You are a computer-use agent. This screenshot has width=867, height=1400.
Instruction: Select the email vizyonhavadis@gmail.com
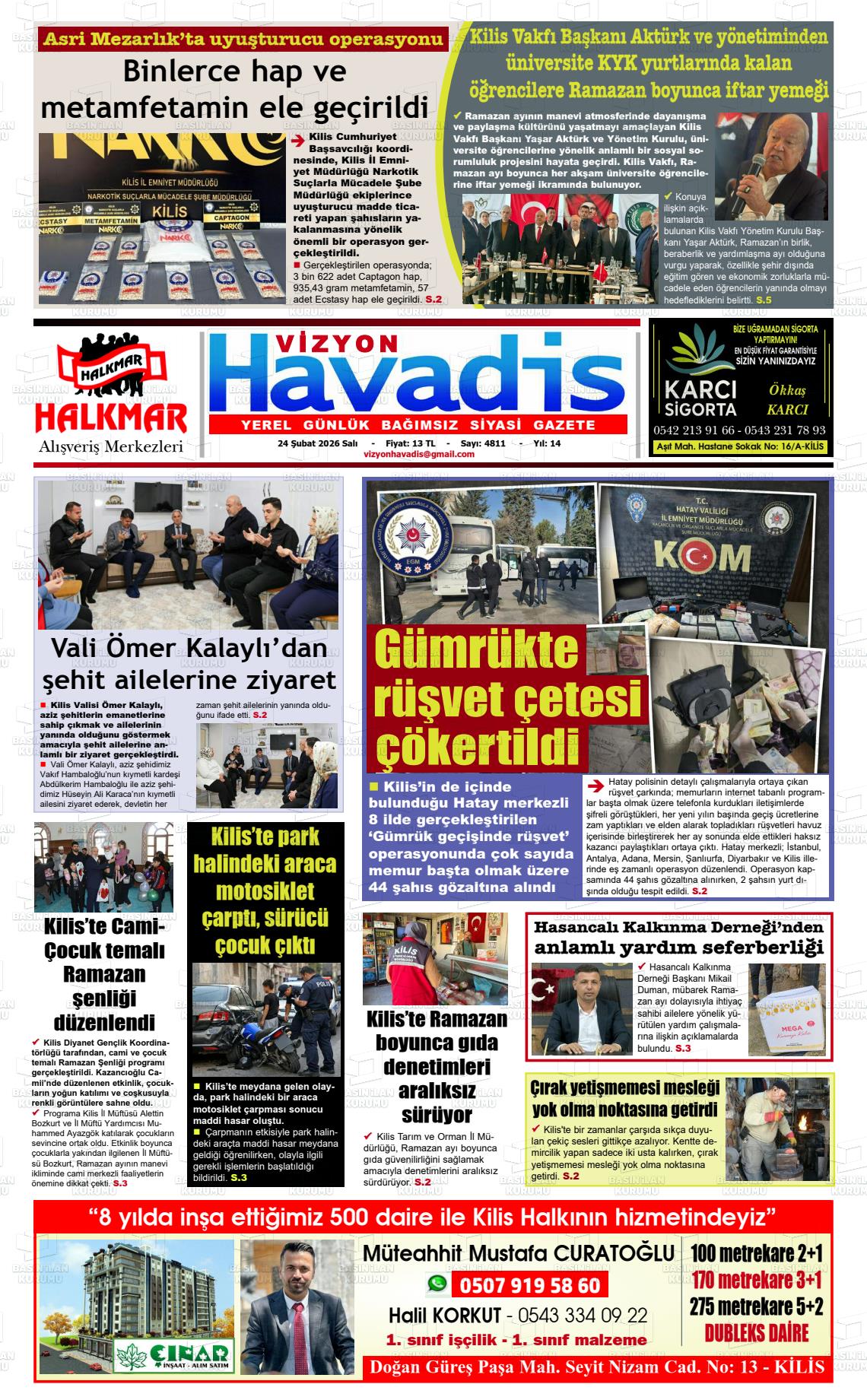pyautogui.click(x=419, y=454)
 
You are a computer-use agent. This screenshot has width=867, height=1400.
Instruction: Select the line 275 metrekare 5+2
pyautogui.click(x=757, y=1306)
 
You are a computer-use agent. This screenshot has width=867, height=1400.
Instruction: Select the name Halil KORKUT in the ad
pyautogui.click(x=445, y=1316)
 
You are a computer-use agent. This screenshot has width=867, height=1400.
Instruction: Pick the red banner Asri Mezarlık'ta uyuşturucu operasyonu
pyautogui.click(x=243, y=40)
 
